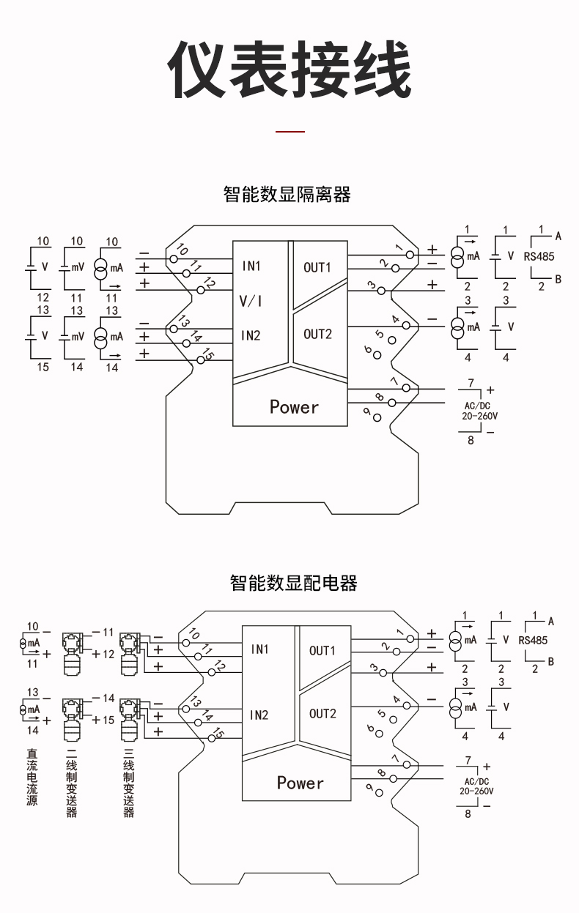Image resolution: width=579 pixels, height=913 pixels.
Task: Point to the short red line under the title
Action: (289, 131)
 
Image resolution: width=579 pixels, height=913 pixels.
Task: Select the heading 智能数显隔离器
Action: (287, 194)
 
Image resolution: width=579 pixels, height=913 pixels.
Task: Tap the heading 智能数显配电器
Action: (293, 583)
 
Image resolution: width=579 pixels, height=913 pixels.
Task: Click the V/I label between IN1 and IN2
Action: (251, 301)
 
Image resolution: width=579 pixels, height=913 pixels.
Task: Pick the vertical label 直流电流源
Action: (32, 777)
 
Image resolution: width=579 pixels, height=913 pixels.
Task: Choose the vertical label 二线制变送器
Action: (72, 782)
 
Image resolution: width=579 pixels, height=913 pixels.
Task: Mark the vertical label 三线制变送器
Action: (129, 782)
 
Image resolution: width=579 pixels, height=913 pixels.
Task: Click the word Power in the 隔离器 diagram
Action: (294, 407)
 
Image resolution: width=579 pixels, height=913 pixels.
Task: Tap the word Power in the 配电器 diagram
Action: (300, 783)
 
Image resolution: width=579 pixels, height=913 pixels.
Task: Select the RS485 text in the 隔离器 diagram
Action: (539, 257)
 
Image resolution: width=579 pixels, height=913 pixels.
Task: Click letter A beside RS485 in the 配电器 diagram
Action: (551, 622)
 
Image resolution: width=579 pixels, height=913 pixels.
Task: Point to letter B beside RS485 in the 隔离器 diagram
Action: (558, 279)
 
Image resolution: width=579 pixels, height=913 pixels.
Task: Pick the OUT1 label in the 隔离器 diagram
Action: (317, 267)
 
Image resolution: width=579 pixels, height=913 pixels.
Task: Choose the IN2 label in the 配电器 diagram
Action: (259, 715)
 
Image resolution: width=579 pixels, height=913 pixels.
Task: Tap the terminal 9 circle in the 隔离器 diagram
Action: (377, 417)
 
